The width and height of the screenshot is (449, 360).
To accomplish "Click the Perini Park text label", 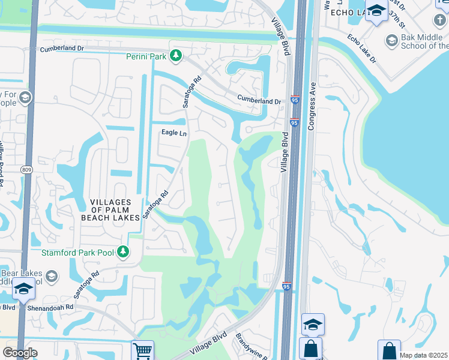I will click(146, 57).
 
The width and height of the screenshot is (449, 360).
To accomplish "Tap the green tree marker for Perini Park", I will click(175, 56).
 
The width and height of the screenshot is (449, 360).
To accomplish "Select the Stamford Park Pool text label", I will click(77, 253).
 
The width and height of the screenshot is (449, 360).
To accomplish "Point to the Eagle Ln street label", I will click(174, 133).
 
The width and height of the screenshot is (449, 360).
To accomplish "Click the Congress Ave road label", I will click(312, 106).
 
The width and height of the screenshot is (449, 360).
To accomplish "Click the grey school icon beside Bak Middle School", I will click(392, 41).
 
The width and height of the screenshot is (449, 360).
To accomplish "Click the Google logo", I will click(19, 353).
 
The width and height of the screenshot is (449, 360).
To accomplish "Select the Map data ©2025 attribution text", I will click(424, 355).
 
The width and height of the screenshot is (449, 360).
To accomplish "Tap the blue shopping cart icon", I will click(143, 350).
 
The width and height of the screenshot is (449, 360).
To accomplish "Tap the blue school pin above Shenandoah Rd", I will click(23, 290).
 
